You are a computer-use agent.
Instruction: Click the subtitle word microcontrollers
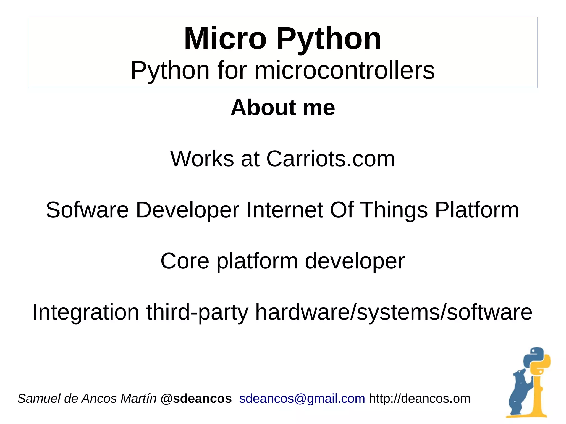tap(344, 70)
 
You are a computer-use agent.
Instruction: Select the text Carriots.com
tap(330, 159)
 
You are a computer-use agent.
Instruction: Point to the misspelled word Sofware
tap(87, 210)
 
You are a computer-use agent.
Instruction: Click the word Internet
tap(285, 210)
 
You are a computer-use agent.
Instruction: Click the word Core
tap(185, 261)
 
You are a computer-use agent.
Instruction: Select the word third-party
tap(197, 312)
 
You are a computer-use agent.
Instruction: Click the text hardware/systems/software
tap(394, 312)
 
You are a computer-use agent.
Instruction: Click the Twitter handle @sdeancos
tap(196, 399)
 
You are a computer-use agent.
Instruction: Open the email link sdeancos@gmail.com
tap(302, 399)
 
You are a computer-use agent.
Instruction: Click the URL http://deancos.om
tap(419, 399)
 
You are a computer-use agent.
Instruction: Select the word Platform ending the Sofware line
tap(477, 210)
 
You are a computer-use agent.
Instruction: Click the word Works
tap(202, 159)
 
